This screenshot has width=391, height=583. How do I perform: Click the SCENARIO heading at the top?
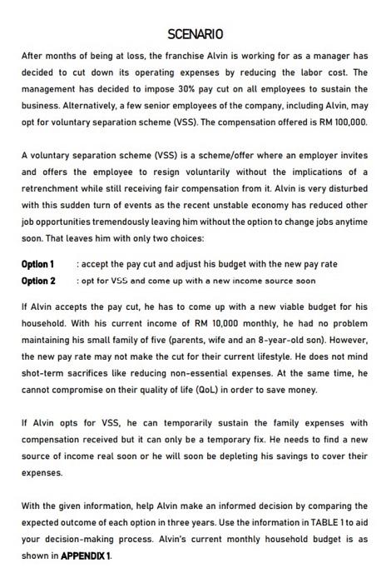pyautogui.click(x=195, y=34)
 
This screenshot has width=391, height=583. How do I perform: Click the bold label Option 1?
pyautogui.click(x=38, y=264)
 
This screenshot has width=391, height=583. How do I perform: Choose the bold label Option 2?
pyautogui.click(x=38, y=281)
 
